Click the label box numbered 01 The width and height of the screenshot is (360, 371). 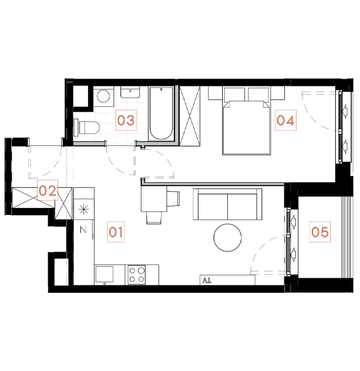pos(116,232)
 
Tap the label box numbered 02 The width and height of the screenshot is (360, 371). pos(47,191)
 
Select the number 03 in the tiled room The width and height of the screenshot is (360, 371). pos(125,121)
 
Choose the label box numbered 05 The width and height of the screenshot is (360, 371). pos(319,232)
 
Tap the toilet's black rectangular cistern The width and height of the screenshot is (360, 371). pos(77,127)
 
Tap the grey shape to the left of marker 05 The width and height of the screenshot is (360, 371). pos(263,255)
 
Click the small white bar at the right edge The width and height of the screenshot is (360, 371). pos(352,169)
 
